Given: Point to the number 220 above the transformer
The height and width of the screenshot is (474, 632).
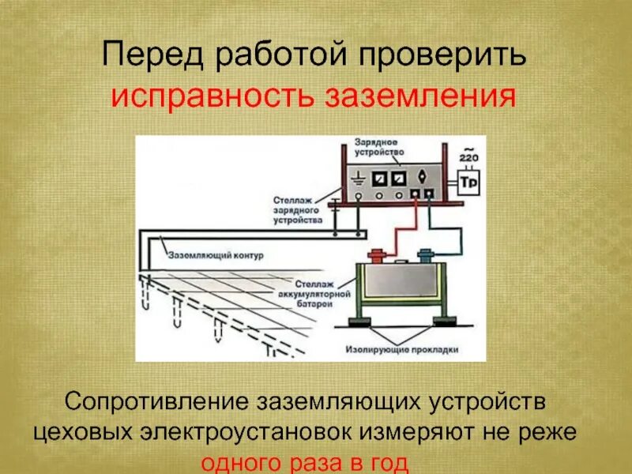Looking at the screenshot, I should [x=469, y=157].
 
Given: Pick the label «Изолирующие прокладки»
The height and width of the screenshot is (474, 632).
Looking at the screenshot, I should [x=402, y=348].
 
